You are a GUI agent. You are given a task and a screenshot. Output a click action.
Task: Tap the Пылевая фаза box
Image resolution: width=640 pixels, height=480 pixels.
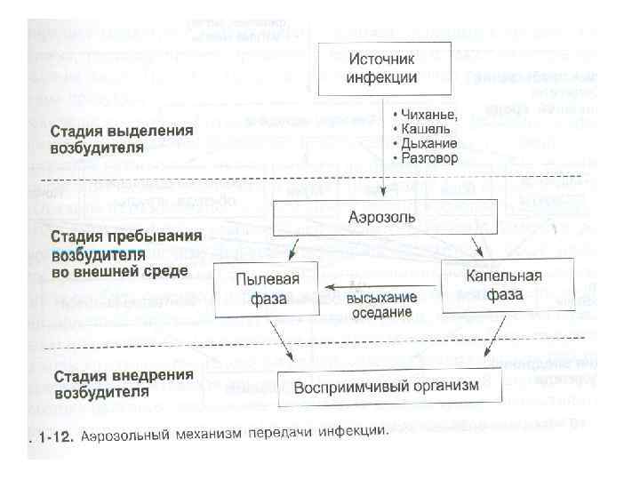[267, 288]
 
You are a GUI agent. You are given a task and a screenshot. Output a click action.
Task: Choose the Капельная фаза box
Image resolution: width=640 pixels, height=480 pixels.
[504, 285]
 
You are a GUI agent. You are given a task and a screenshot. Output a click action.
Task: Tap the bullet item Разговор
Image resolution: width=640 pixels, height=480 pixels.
[425, 158]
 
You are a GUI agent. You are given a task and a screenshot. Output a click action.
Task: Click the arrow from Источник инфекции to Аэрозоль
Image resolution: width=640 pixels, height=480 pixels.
[382, 178]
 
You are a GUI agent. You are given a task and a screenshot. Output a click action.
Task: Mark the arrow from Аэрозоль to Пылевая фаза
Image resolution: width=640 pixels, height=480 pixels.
[298, 245]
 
